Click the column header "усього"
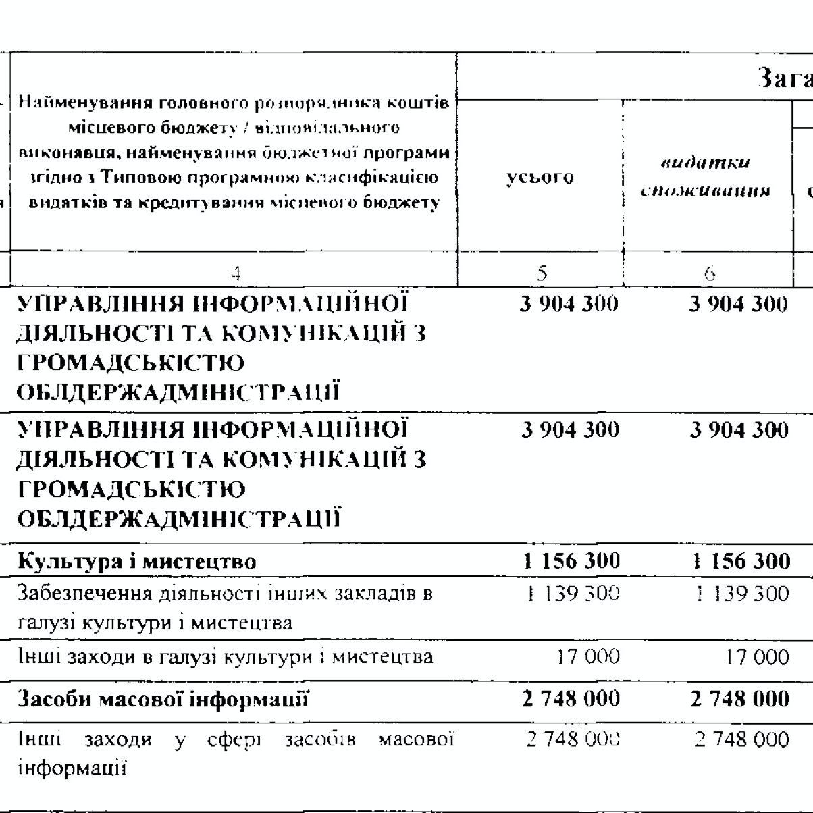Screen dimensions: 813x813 [540, 177]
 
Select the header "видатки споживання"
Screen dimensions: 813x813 [706, 177]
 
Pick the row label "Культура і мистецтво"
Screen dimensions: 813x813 [136, 561]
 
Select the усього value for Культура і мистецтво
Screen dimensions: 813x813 [571, 560]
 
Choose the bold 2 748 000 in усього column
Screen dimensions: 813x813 [571, 699]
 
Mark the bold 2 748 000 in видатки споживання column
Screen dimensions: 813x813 [739, 699]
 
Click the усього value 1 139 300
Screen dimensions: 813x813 [571, 594]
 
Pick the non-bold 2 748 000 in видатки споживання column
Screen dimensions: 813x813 [741, 739]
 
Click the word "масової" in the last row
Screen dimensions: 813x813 [414, 740]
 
